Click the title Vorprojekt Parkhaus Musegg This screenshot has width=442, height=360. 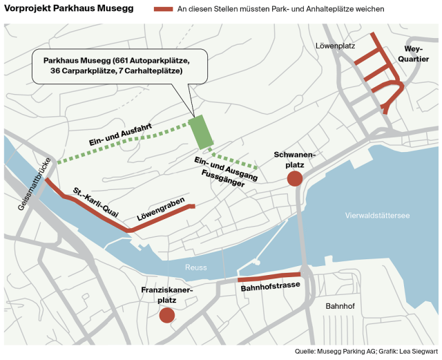coord(68,10)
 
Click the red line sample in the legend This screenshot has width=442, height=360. coord(163,10)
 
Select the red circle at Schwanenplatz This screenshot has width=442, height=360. coord(294,179)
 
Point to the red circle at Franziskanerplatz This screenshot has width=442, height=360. coord(166,316)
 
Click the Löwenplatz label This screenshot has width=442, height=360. coord(334,46)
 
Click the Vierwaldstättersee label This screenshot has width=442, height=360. coord(377,216)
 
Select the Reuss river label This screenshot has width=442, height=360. coord(195,267)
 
